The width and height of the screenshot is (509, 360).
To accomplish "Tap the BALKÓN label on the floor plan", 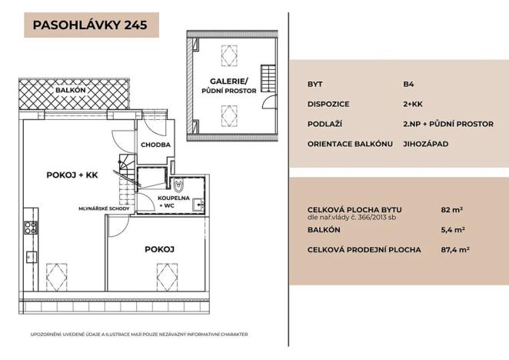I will [71, 90].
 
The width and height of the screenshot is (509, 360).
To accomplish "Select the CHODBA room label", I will [155, 145].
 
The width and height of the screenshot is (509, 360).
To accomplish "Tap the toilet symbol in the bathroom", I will [179, 186].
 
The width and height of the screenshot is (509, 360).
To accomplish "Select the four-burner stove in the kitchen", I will [31, 227].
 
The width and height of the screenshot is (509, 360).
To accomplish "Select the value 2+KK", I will [414, 102].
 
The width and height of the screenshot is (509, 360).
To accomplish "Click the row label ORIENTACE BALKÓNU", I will [350, 144].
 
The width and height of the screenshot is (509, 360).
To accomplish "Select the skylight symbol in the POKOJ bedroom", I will [168, 273].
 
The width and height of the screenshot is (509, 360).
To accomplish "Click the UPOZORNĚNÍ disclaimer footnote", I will [138, 335].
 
